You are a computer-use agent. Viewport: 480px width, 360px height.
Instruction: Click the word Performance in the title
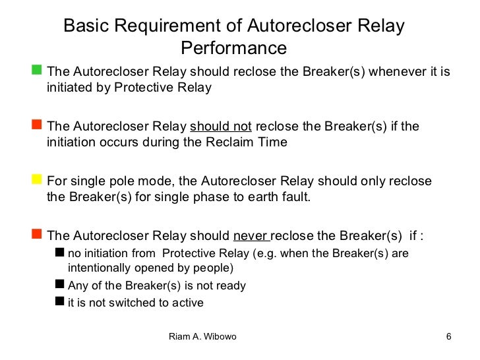[234, 49]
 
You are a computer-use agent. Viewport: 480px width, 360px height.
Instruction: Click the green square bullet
[37, 69]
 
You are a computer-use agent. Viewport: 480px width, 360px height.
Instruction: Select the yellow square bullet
[37, 179]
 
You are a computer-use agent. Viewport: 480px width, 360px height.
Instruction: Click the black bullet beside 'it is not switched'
[60, 302]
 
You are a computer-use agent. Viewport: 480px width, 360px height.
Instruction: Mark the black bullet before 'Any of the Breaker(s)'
[60, 285]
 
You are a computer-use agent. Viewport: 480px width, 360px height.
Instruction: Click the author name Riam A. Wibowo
[202, 338]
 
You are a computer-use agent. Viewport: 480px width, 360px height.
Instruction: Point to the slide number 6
[448, 338]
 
